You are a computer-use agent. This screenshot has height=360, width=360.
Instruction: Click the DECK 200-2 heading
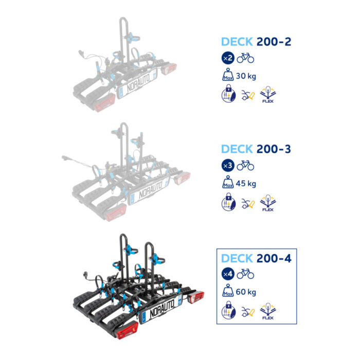click(x=256, y=42)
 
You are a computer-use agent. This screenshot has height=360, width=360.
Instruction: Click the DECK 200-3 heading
click(x=256, y=149)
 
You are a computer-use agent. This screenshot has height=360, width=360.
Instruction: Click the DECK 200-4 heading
click(x=256, y=258)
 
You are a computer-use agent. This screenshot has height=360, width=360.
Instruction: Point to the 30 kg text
click(x=246, y=76)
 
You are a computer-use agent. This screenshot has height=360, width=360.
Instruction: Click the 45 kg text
click(x=246, y=184)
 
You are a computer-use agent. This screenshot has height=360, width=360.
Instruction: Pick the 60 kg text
click(x=246, y=292)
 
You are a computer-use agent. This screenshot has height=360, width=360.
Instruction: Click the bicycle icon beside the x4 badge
click(x=245, y=274)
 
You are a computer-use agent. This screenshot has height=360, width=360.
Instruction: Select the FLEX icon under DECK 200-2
click(x=266, y=95)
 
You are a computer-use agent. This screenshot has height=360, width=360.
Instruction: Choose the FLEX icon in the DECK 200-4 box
click(x=266, y=312)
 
